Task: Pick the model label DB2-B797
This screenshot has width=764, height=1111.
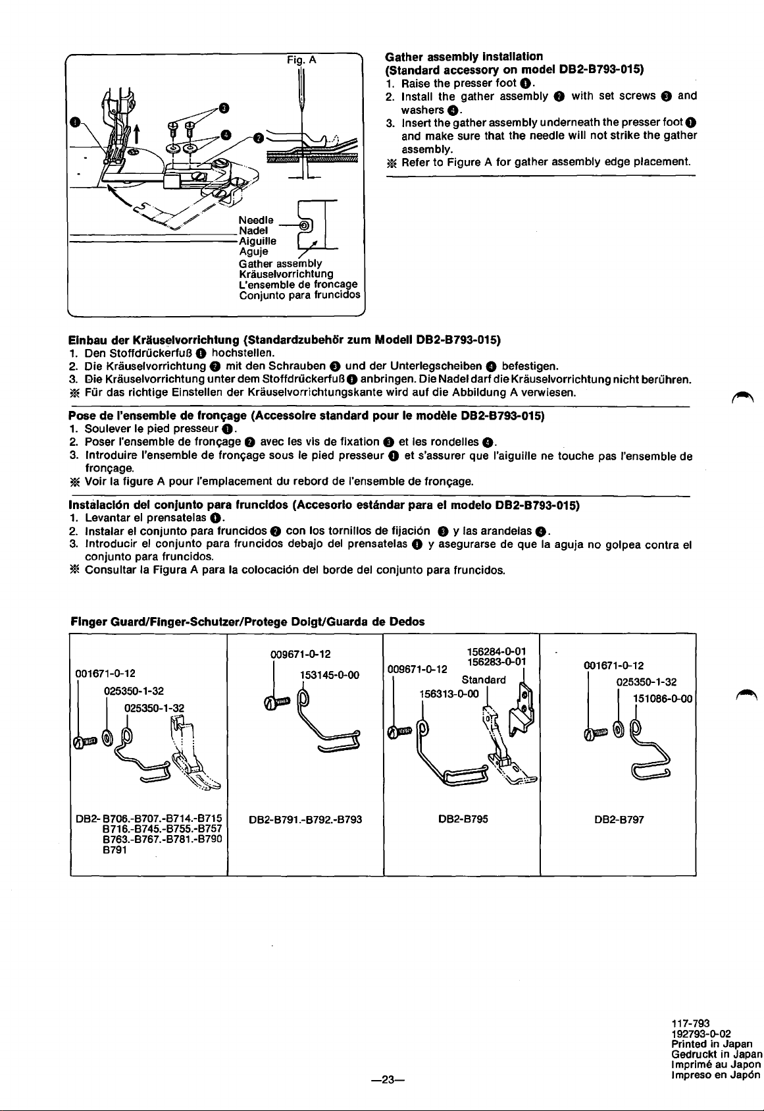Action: click(x=619, y=819)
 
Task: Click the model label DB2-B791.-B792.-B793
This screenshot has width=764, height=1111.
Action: click(x=306, y=819)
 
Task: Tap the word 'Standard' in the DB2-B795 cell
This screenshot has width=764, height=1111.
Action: click(x=484, y=679)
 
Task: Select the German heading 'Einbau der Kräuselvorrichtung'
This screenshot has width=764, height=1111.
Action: click(x=154, y=340)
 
